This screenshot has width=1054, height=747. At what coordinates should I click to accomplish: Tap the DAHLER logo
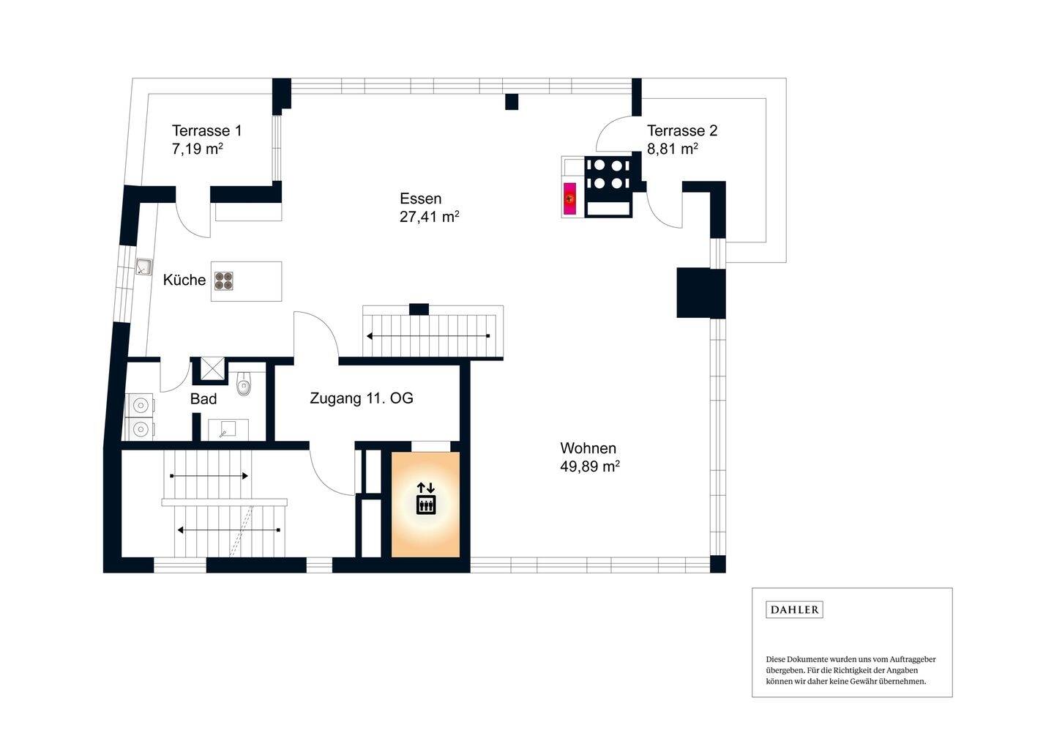point(794,609)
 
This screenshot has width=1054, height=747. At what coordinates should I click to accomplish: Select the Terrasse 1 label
point(206,130)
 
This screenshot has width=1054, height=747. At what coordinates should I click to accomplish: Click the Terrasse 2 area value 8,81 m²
point(672,149)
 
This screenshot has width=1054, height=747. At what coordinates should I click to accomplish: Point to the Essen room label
point(420,198)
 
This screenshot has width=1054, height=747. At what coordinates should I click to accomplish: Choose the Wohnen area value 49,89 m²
point(589,467)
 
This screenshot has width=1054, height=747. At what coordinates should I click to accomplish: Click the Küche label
point(184,280)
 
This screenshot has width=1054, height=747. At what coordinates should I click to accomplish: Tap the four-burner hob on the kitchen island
point(224,280)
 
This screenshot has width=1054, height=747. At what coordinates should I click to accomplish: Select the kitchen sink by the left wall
point(143,267)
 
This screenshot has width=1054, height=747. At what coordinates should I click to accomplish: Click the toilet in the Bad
point(244,384)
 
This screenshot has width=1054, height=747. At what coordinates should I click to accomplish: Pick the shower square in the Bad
point(213,370)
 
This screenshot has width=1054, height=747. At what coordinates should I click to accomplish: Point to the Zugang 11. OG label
point(361,398)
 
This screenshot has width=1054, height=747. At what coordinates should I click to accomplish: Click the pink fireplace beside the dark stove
point(569,198)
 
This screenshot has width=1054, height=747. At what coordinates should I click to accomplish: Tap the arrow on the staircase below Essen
point(428,336)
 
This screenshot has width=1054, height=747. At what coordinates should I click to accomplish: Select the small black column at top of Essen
point(512,102)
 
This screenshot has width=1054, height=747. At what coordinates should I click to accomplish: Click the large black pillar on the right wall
point(700,292)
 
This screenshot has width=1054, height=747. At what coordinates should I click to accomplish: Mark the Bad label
point(203,399)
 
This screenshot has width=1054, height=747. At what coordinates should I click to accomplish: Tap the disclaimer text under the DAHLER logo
point(851,670)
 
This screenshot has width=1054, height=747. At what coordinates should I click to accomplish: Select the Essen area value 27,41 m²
point(429,217)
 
